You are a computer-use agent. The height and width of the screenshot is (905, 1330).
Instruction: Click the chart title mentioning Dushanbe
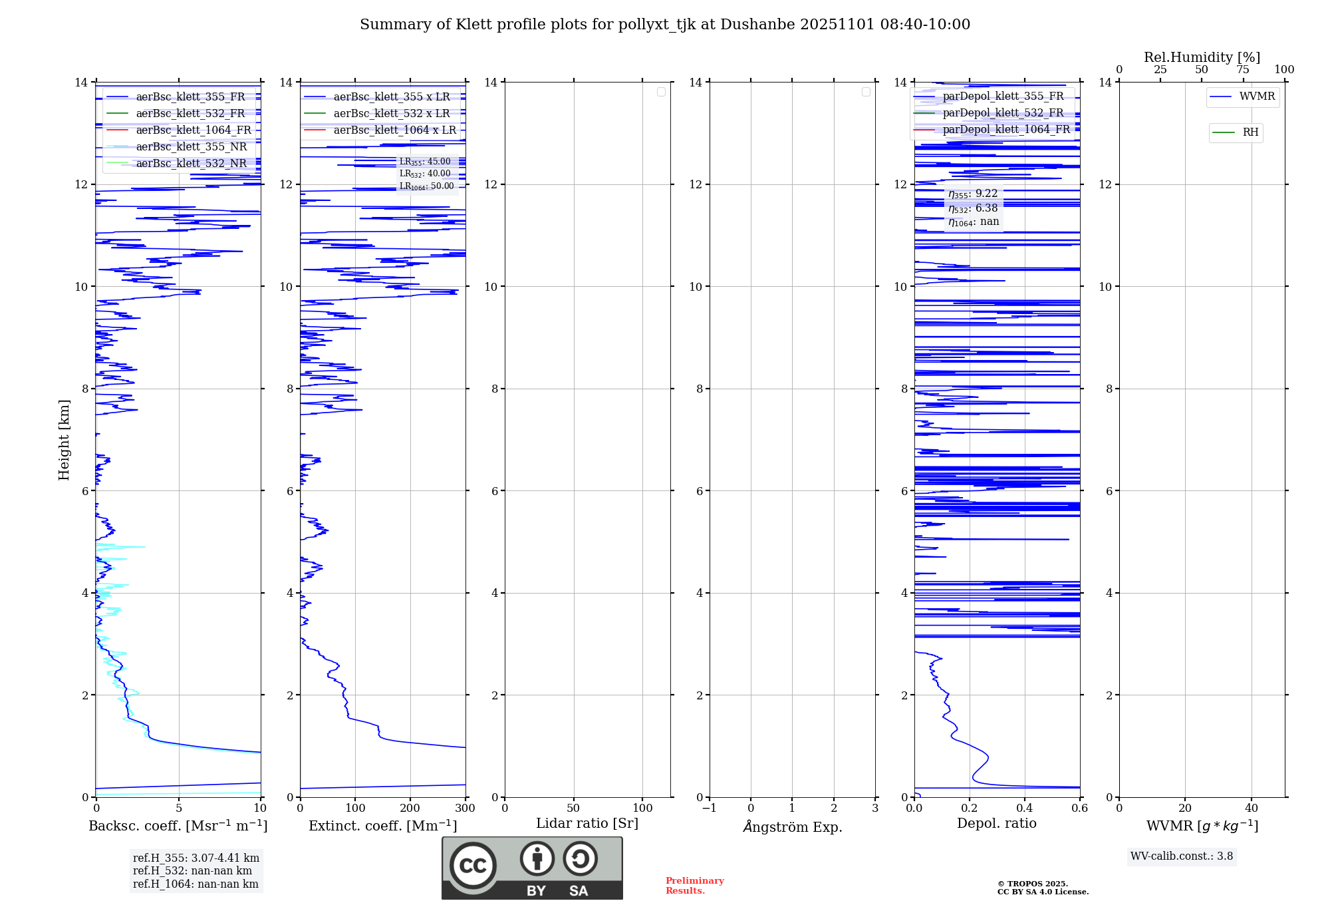coord(665,25)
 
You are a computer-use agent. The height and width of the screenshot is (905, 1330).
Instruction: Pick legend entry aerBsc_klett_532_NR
coord(191,164)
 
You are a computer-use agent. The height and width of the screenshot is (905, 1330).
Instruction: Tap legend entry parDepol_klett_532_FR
coord(1002,113)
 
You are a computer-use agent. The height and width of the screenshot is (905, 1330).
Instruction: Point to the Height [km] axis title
coord(64,440)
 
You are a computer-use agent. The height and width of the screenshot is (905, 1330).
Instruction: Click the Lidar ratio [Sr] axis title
coord(587,824)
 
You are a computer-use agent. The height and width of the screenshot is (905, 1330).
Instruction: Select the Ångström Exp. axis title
coord(793,827)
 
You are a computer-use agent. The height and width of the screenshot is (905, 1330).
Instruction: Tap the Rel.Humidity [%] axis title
coord(1202,57)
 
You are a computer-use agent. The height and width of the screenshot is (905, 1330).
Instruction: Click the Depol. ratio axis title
coord(996,824)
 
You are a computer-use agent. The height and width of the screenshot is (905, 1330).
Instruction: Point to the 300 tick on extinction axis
coord(465,809)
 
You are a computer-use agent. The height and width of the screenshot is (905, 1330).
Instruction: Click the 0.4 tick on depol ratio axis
coord(1025,809)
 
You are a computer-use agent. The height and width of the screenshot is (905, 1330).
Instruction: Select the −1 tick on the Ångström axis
coord(710,809)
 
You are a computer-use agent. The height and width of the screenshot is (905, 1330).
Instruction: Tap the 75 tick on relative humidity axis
coord(1243,70)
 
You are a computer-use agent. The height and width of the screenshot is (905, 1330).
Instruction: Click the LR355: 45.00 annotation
coord(425,162)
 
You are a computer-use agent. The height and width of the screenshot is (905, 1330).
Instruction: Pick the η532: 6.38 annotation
coord(973,208)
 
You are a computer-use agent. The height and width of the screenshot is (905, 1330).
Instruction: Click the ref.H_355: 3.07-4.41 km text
coord(196,858)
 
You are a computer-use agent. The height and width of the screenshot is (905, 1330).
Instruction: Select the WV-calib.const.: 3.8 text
coord(1181,856)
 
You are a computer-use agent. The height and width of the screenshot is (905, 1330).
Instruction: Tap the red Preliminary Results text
coord(694,886)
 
